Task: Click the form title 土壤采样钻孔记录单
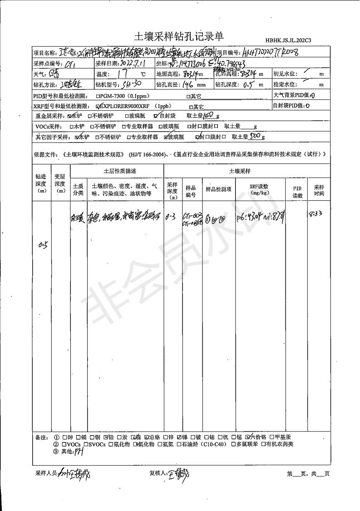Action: coord(179,36)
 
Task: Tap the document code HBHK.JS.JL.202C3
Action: coord(288,41)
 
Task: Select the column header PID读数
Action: coord(297,192)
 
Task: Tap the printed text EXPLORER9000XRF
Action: coord(128,106)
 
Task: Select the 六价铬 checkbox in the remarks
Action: coord(248,437)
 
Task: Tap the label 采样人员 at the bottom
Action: coord(46,474)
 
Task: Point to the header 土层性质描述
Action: coord(117,171)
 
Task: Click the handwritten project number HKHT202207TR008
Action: coord(271,53)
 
